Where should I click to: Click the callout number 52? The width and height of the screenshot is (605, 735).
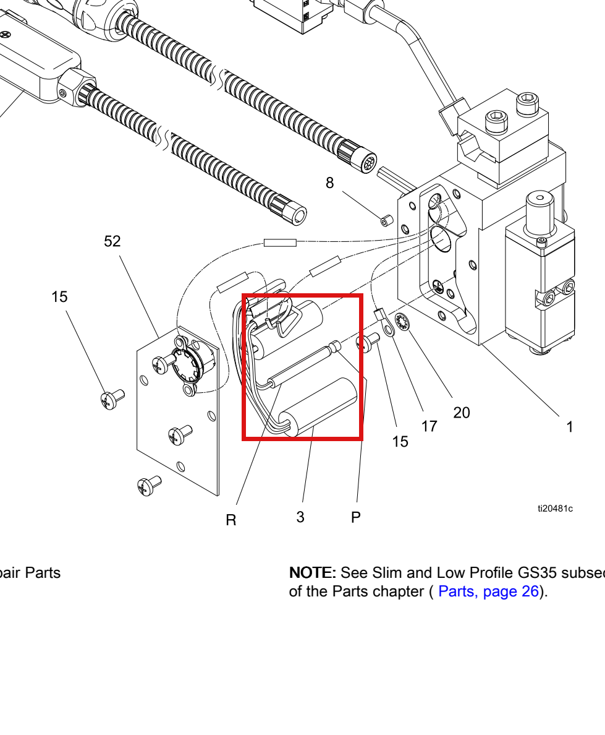pos(112,241)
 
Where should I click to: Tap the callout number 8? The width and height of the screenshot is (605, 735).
pos(329,183)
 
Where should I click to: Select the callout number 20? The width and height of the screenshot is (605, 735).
pos(461,413)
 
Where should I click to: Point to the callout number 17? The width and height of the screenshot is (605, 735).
pos(429,426)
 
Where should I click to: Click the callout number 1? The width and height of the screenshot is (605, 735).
pos(569,426)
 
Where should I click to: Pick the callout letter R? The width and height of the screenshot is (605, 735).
pos(231,520)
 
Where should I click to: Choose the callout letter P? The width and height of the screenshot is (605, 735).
pos(356,517)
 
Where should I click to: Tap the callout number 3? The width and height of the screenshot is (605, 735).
pos(300,517)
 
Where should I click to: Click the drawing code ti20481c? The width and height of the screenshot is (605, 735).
pos(555,509)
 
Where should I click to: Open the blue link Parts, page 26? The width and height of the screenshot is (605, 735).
pos(488,591)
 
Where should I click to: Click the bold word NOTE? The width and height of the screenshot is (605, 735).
pos(312,572)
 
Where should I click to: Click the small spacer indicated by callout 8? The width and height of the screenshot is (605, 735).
pos(386,220)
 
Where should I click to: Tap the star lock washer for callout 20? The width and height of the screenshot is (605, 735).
pos(402,322)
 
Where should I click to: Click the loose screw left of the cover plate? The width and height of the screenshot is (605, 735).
pos(112,399)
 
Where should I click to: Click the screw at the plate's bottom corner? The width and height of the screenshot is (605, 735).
pos(150,486)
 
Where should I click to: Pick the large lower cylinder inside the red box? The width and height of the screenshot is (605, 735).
pos(318,406)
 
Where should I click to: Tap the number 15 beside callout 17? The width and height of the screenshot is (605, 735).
pos(400,442)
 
